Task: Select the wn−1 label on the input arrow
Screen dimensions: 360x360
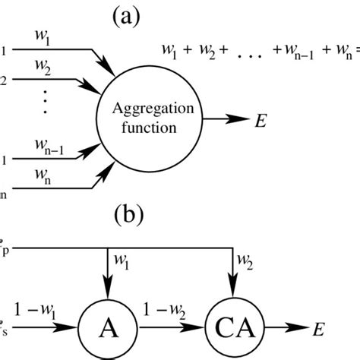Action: point(50,147)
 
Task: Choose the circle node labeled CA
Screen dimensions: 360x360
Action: point(231,330)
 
